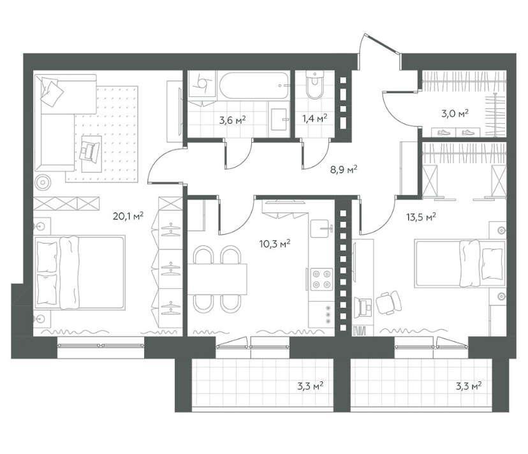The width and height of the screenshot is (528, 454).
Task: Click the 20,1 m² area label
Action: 128,216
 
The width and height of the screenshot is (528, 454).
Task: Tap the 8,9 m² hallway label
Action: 344,170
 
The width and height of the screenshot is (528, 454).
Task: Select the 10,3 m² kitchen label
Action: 275,243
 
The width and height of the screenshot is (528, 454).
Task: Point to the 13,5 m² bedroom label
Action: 421,217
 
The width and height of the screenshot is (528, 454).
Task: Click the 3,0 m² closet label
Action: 455,113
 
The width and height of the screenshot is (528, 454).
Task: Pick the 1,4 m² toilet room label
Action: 315,119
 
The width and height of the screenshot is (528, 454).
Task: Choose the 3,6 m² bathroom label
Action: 232,120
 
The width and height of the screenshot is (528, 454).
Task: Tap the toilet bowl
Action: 315,85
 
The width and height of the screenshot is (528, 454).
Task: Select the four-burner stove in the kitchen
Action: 321,279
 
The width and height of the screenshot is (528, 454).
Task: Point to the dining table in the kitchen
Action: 217,279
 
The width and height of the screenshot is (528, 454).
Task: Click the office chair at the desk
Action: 388,302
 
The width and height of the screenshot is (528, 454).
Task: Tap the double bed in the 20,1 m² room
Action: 80,272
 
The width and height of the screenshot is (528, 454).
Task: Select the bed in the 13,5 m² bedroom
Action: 460,263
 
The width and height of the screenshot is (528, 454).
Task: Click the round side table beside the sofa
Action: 43,182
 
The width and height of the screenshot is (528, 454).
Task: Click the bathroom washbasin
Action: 279,120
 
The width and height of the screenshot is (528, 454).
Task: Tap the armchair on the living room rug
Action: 90,150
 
